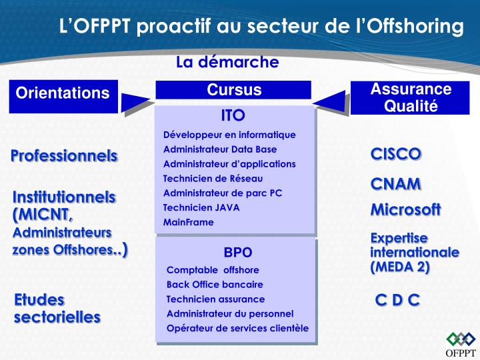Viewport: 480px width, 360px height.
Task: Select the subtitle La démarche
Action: [227, 62]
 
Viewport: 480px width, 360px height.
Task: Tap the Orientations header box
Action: [63, 93]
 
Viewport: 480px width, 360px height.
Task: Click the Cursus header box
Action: [234, 90]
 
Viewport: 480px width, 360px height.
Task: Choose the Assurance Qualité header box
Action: [411, 97]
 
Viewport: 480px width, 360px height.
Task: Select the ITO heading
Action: [233, 114]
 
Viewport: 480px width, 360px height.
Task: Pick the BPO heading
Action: [238, 253]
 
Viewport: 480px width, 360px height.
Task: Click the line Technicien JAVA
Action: [201, 207]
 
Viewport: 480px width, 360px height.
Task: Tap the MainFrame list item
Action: [189, 222]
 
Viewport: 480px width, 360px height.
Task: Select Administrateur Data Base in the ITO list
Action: [220, 149]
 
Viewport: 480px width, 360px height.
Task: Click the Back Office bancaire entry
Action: [210, 284]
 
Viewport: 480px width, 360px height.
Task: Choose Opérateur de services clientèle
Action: [237, 328]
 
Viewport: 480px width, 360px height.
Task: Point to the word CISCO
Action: [396, 154]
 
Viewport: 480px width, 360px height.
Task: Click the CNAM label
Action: [396, 183]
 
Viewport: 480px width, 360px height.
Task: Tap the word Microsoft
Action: [405, 209]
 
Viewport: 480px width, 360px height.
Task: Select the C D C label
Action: [397, 300]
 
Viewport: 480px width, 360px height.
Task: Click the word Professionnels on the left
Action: [64, 156]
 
